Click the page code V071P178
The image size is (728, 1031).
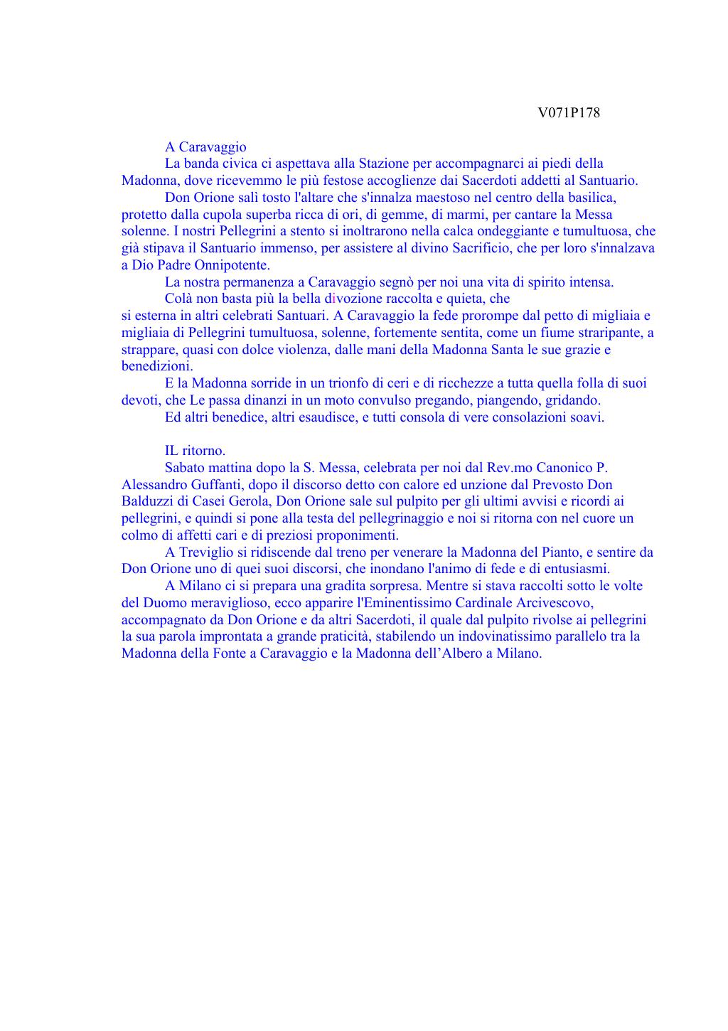pyautogui.click(x=569, y=113)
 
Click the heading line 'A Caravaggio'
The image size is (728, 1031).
pyautogui.click(x=205, y=147)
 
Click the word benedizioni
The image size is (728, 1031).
pyautogui.click(x=156, y=366)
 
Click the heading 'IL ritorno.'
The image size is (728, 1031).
pyautogui.click(x=195, y=451)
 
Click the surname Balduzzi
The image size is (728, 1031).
pyautogui.click(x=149, y=501)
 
